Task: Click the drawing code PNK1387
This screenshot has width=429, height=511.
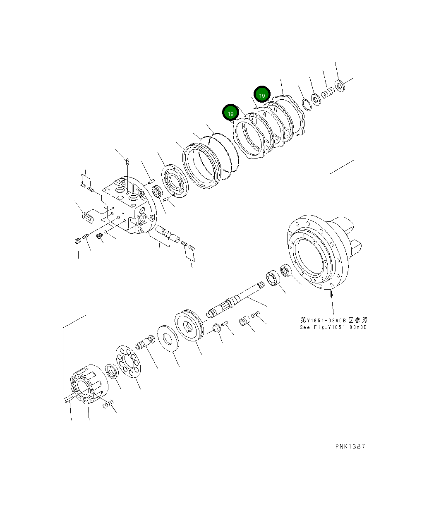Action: pyautogui.click(x=350, y=446)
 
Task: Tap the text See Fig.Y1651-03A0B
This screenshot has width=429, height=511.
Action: pyautogui.click(x=333, y=327)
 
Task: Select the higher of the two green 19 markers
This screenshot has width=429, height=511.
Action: pyautogui.click(x=262, y=95)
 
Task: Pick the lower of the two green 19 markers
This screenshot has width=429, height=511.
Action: pyautogui.click(x=231, y=113)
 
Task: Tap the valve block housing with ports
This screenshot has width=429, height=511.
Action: pyautogui.click(x=126, y=205)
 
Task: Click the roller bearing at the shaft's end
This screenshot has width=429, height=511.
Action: pyautogui.click(x=273, y=278)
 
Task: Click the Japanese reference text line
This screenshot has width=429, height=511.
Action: pyautogui.click(x=333, y=320)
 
